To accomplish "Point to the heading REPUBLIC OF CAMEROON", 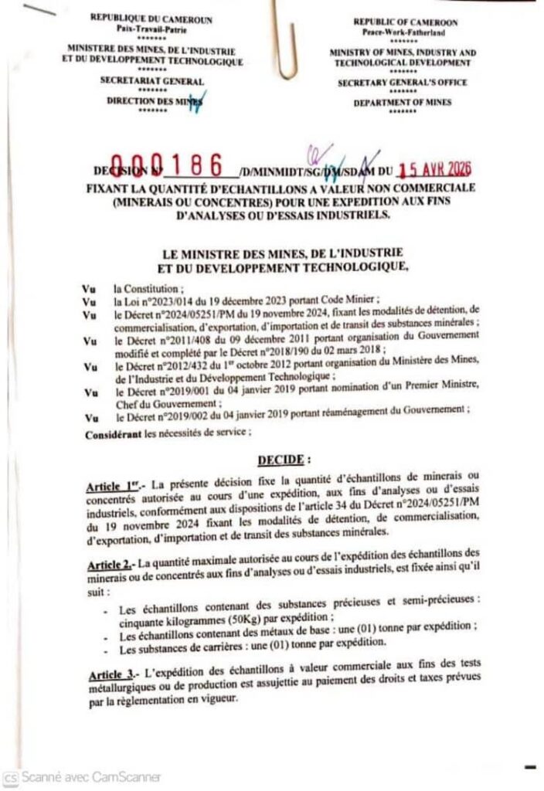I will pos(406,23).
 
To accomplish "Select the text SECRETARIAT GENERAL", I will pos(152,81).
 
